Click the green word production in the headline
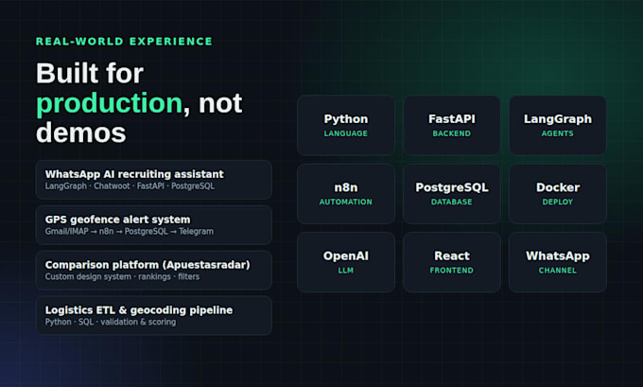click(109, 103)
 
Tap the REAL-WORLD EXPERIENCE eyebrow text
click(124, 42)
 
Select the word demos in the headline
click(80, 133)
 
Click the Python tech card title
click(346, 119)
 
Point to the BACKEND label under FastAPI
click(451, 133)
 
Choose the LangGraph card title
click(558, 119)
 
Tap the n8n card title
click(346, 187)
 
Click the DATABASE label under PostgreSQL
click(451, 202)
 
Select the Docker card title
click(558, 187)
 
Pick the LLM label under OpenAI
click(346, 271)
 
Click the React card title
click(452, 256)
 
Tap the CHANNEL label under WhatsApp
click(558, 271)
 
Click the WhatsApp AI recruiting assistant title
click(134, 174)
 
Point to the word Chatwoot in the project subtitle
click(112, 186)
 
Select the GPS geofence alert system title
click(117, 220)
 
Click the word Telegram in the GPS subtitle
click(196, 232)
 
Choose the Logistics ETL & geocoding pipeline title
click(139, 310)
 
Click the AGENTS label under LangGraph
click(558, 133)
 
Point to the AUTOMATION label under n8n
click(346, 202)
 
